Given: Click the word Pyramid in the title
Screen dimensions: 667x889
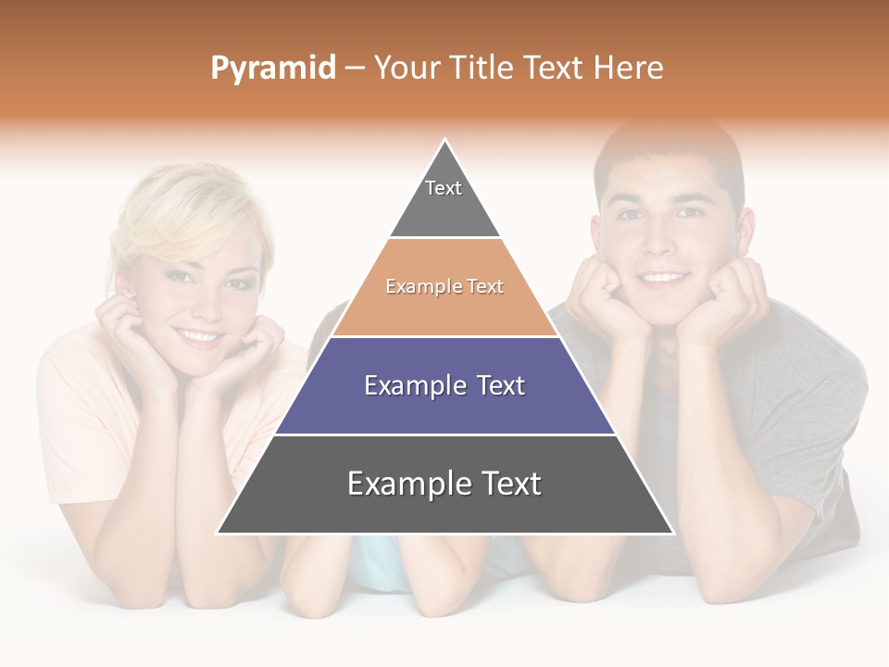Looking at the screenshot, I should click(x=272, y=69).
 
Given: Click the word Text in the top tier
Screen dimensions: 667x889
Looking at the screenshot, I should click(x=444, y=188).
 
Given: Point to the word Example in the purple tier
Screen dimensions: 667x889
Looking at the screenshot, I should click(x=415, y=385).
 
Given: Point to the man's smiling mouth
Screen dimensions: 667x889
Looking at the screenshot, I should click(x=664, y=276).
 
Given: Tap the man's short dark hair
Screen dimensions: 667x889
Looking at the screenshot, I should click(x=667, y=153).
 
